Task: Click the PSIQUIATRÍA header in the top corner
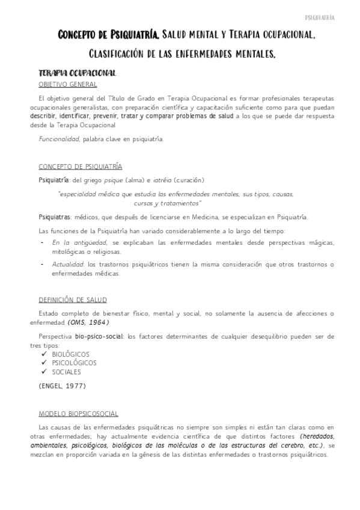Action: click(x=337, y=17)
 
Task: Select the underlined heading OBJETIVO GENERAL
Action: click(x=67, y=84)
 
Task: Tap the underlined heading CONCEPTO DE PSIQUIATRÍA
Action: click(x=80, y=167)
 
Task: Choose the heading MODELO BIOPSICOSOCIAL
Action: click(x=78, y=414)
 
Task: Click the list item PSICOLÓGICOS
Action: click(x=74, y=363)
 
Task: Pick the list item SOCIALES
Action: click(x=66, y=372)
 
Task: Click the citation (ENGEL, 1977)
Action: click(x=62, y=385)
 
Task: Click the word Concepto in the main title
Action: click(x=82, y=36)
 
